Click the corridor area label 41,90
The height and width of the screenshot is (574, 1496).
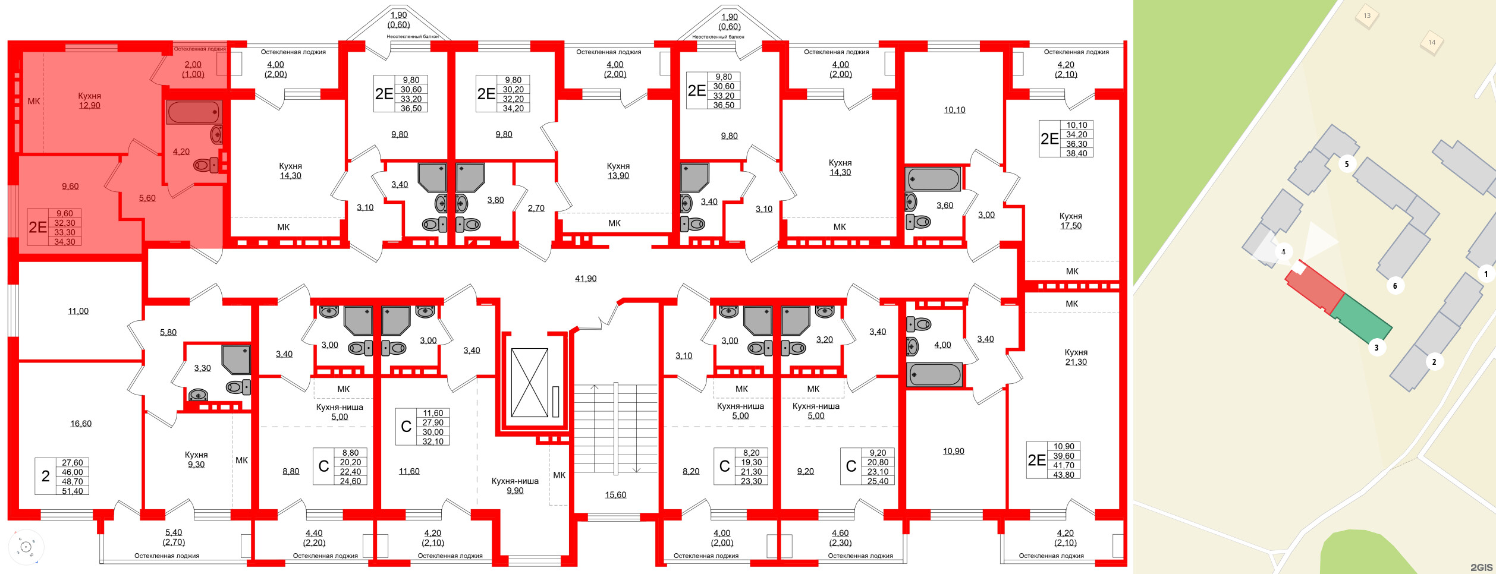[x=586, y=279]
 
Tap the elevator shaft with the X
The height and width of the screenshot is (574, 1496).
[x=529, y=383]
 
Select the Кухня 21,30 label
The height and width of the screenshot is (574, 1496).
[x=1076, y=357]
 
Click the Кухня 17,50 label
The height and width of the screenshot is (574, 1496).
[x=1070, y=221]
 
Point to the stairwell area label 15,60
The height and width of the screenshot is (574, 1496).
[x=615, y=495]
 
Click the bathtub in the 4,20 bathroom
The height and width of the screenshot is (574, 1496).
[x=194, y=112]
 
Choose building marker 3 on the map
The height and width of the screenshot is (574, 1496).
[x=1376, y=348]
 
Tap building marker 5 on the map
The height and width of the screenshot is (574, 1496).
[x=1347, y=164]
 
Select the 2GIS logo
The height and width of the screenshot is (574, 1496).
[x=1481, y=567]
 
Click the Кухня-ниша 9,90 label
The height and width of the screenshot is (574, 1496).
[x=515, y=485]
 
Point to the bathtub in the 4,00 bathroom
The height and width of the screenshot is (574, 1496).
[x=934, y=375]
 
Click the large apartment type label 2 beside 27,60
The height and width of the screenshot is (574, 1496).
[x=46, y=476]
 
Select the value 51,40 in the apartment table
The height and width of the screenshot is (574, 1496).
[x=73, y=491]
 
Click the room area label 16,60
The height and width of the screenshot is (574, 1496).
[x=81, y=424]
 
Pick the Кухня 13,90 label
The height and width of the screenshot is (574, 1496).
[x=618, y=171]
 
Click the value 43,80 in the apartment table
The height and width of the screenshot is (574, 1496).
[x=1064, y=475]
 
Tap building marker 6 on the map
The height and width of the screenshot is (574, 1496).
[x=1395, y=286]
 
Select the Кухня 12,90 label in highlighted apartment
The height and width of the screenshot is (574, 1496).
[x=89, y=101]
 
